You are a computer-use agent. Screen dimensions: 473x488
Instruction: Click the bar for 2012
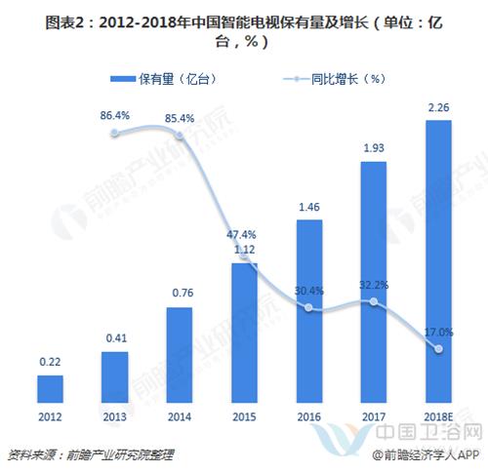pyautogui.click(x=50, y=388)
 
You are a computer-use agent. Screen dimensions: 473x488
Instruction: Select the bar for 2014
pyautogui.click(x=180, y=355)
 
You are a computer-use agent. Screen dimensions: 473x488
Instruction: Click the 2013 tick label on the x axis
pyautogui.click(x=115, y=416)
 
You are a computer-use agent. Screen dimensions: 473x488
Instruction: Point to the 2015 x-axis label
pyautogui.click(x=245, y=416)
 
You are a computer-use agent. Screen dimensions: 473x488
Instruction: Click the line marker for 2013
pyautogui.click(x=115, y=133)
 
